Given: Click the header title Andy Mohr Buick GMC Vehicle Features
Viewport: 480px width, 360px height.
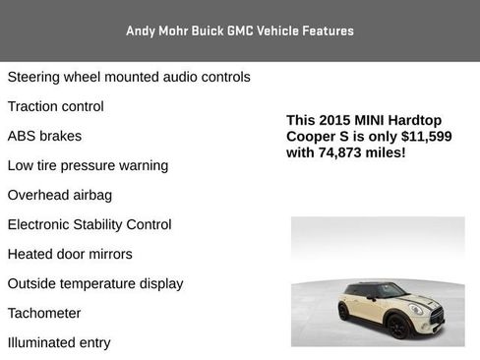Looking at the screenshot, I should click(240, 30).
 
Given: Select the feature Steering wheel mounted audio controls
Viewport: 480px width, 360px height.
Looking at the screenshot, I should click(129, 77).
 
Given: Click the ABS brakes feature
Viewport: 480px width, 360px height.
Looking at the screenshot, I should click(44, 136).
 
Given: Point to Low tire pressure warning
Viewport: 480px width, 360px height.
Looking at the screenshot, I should click(88, 165).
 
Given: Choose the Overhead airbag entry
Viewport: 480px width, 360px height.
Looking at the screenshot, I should click(60, 195).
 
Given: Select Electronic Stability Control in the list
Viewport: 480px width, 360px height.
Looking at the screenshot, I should click(90, 224).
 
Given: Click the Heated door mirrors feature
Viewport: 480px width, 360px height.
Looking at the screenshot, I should click(70, 254).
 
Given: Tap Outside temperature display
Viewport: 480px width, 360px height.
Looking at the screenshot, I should click(95, 283).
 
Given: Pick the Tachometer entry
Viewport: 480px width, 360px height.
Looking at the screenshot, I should click(44, 313).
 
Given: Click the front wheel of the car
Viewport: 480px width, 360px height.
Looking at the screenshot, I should click(398, 326).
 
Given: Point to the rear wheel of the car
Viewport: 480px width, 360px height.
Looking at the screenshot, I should click(343, 312).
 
